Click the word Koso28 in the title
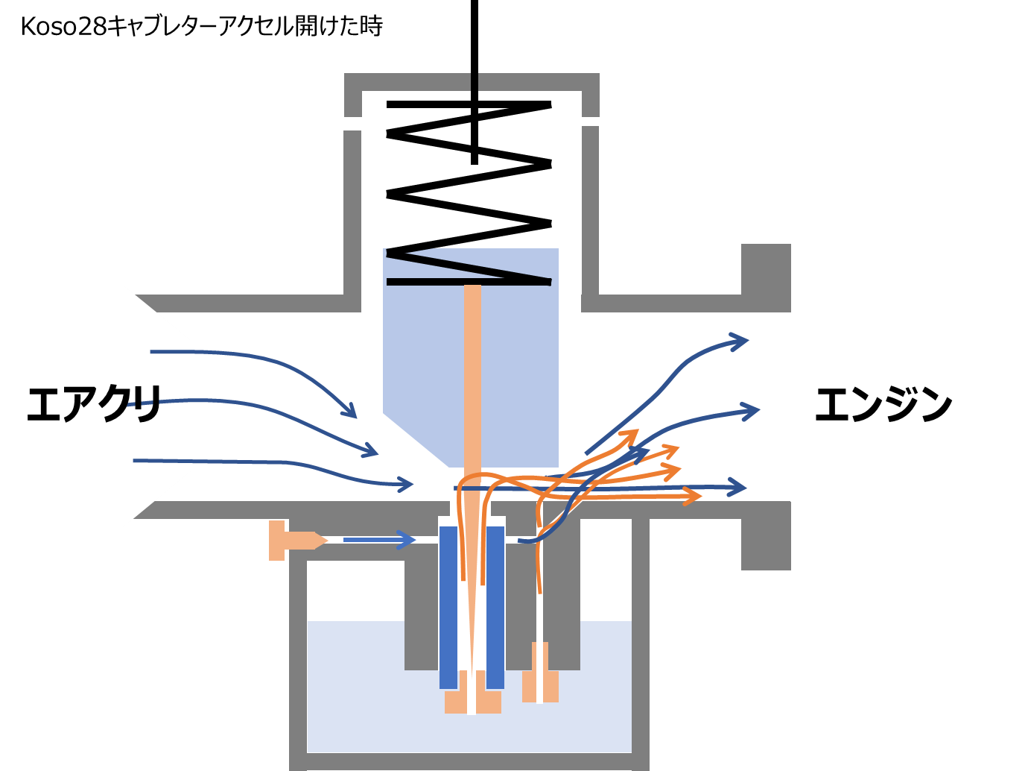63,27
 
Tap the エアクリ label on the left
94,404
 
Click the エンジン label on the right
883,404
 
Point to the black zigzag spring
469,194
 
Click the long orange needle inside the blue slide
472,373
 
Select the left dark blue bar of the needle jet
448,607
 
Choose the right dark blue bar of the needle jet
495,607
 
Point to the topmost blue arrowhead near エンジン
740,342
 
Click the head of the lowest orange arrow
694,496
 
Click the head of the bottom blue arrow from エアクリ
405,485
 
